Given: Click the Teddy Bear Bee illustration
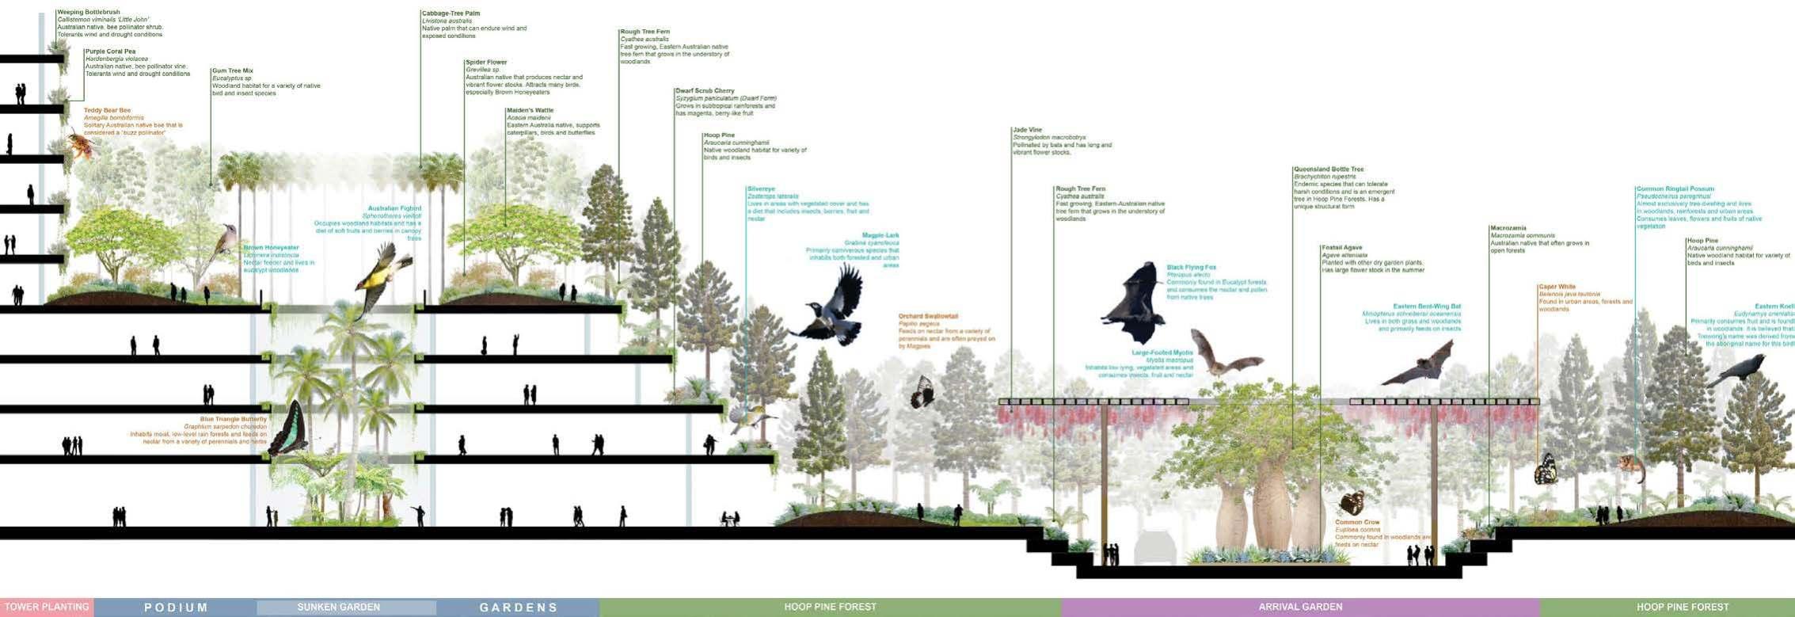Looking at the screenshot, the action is click(80, 146).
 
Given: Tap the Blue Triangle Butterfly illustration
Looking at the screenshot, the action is click(289, 429).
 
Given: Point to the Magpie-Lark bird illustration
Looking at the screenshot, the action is click(833, 310).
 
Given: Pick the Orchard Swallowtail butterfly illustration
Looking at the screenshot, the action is click(922, 392).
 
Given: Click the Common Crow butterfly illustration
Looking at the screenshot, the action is click(1351, 503).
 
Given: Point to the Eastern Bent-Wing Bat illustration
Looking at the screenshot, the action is click(1422, 364).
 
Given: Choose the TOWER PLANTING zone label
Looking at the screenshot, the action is click(47, 607).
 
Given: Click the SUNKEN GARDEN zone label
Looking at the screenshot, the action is click(339, 607).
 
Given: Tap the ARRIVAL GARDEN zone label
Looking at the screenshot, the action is click(1300, 607).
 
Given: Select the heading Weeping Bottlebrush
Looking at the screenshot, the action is click(89, 13).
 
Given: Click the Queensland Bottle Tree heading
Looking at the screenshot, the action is click(1329, 169).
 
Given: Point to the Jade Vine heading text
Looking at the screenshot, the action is click(1028, 130).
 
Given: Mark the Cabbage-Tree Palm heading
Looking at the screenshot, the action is click(451, 13).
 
